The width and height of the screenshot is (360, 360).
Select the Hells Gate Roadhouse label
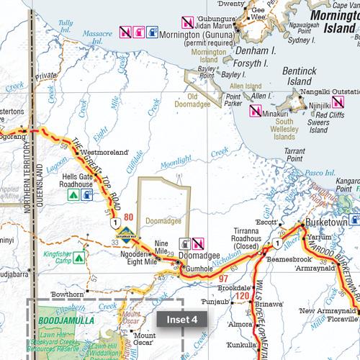pos(77,180)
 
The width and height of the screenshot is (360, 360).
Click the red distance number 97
pos(223,278)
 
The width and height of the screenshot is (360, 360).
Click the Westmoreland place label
pos(106,153)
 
